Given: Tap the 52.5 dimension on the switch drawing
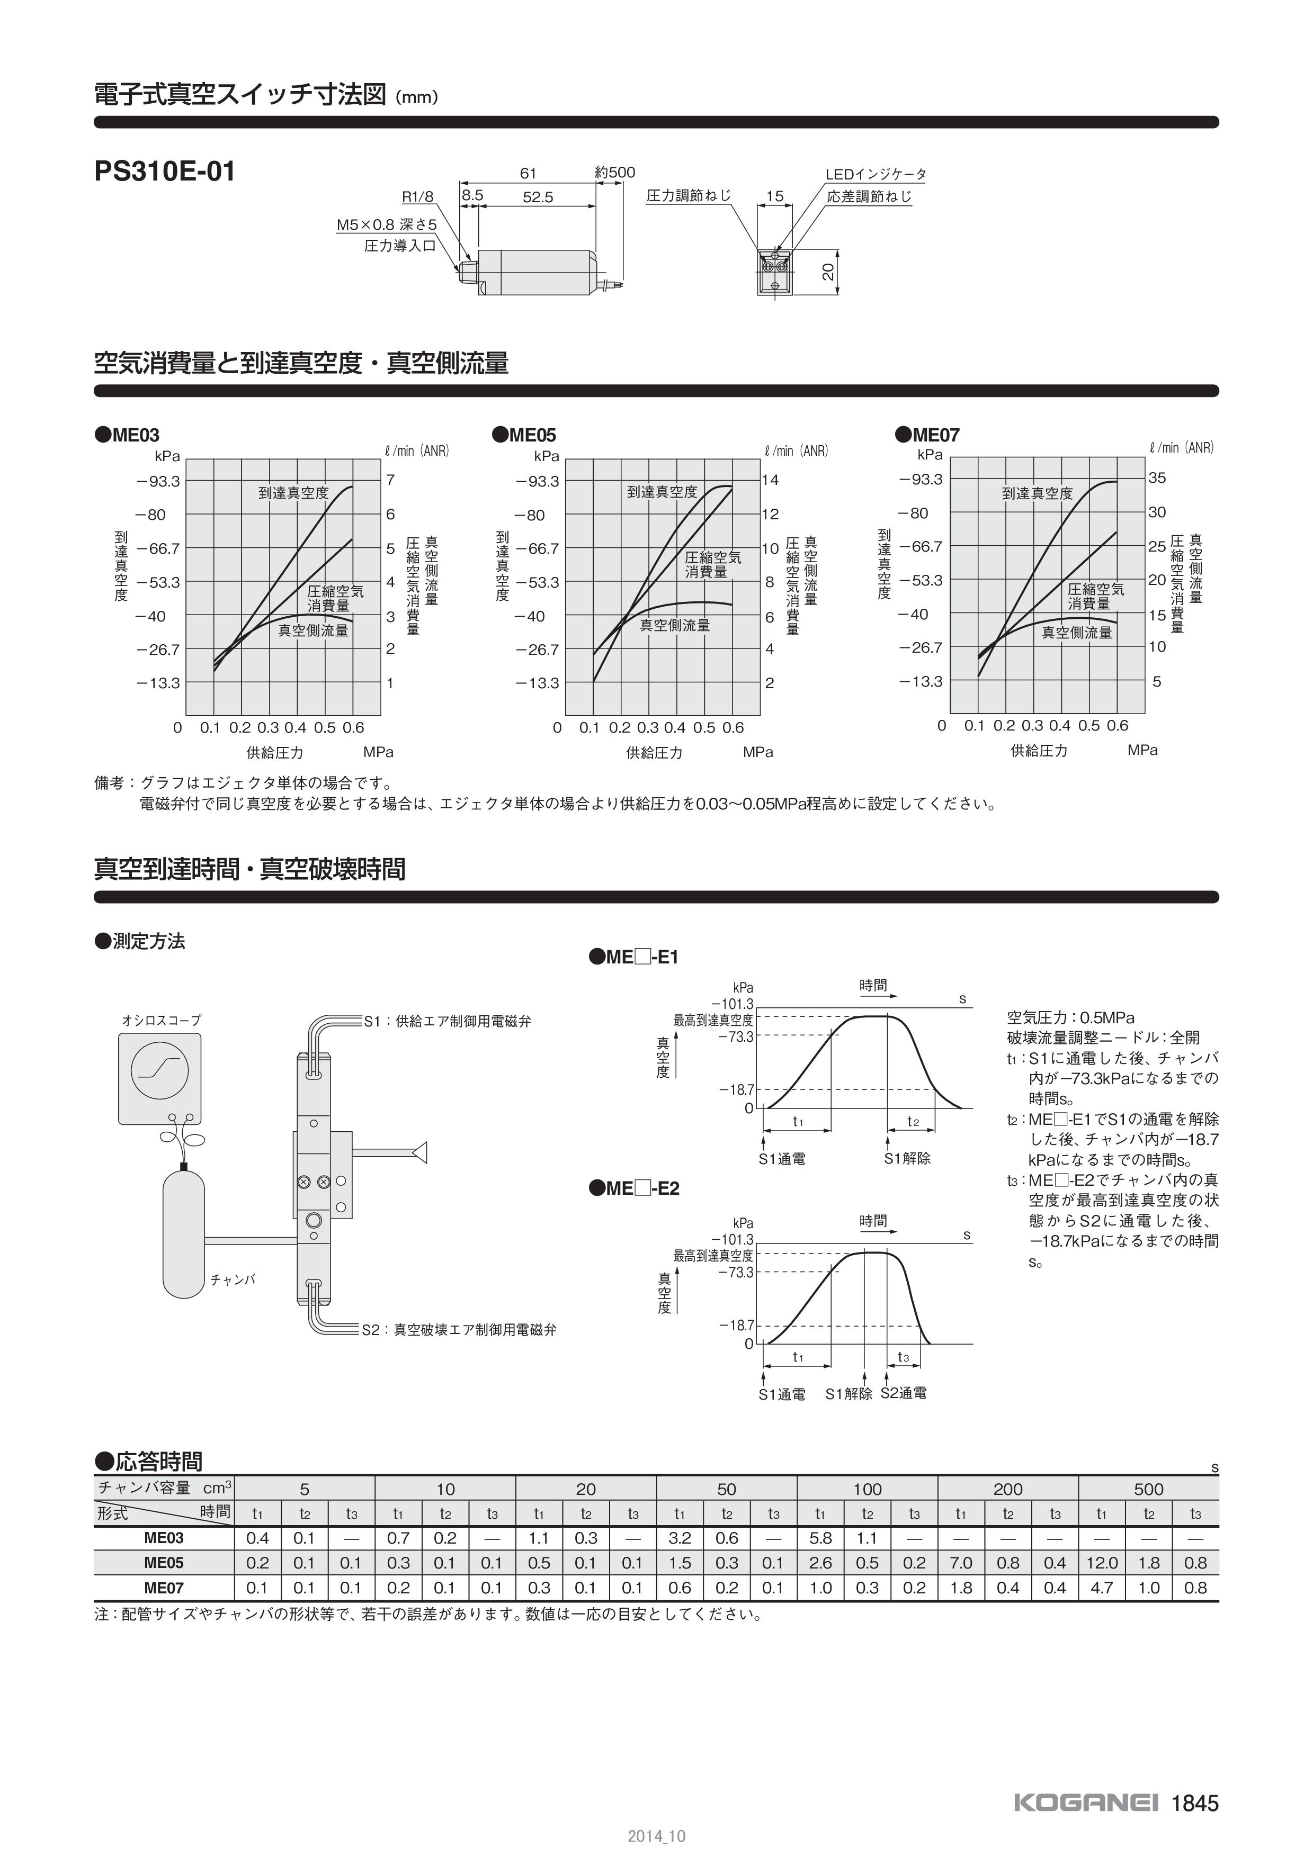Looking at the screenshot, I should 537,197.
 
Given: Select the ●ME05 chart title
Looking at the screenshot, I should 524,435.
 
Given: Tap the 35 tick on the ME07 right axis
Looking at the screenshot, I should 1157,478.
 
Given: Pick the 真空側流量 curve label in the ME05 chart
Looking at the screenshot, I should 675,625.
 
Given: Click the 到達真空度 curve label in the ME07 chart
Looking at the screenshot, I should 1037,493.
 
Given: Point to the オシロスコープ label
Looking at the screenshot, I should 161,1021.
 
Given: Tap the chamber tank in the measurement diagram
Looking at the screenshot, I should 184,1233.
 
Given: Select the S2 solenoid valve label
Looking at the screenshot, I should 459,1330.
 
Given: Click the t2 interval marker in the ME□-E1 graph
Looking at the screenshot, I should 913,1122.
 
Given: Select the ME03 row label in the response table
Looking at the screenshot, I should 164,1538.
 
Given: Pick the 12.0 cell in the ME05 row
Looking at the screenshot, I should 1101,1563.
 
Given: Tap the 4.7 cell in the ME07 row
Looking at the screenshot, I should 1101,1588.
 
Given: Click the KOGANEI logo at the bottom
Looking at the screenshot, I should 1086,1804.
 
